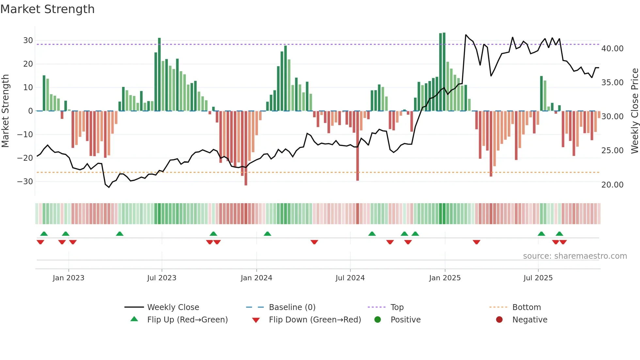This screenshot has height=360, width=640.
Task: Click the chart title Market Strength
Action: click(47, 9)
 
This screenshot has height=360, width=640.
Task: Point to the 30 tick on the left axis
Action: click(28, 41)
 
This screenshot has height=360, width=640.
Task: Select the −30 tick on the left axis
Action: click(25, 182)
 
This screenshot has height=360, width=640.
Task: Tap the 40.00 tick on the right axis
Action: click(612, 49)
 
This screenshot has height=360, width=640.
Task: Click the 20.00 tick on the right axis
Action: click(612, 185)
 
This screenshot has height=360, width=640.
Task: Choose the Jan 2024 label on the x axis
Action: click(256, 278)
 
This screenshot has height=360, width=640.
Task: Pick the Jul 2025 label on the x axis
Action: click(538, 278)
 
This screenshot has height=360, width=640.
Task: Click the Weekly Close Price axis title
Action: click(634, 111)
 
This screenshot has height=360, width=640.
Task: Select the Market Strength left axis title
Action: click(6, 111)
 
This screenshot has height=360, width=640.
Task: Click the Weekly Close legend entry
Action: click(173, 307)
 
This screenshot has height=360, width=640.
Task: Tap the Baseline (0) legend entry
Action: click(292, 307)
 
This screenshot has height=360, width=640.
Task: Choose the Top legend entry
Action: click(397, 307)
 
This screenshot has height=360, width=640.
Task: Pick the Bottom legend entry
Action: click(526, 307)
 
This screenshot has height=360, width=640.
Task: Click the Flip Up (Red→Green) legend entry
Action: click(187, 320)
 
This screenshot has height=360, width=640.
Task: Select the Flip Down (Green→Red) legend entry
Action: click(315, 320)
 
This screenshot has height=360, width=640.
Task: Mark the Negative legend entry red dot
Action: click(499, 320)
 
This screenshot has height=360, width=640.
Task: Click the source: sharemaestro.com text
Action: click(575, 256)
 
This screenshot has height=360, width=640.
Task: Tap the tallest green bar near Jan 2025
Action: click(444, 72)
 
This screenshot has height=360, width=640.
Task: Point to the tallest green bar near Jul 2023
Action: click(159, 74)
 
